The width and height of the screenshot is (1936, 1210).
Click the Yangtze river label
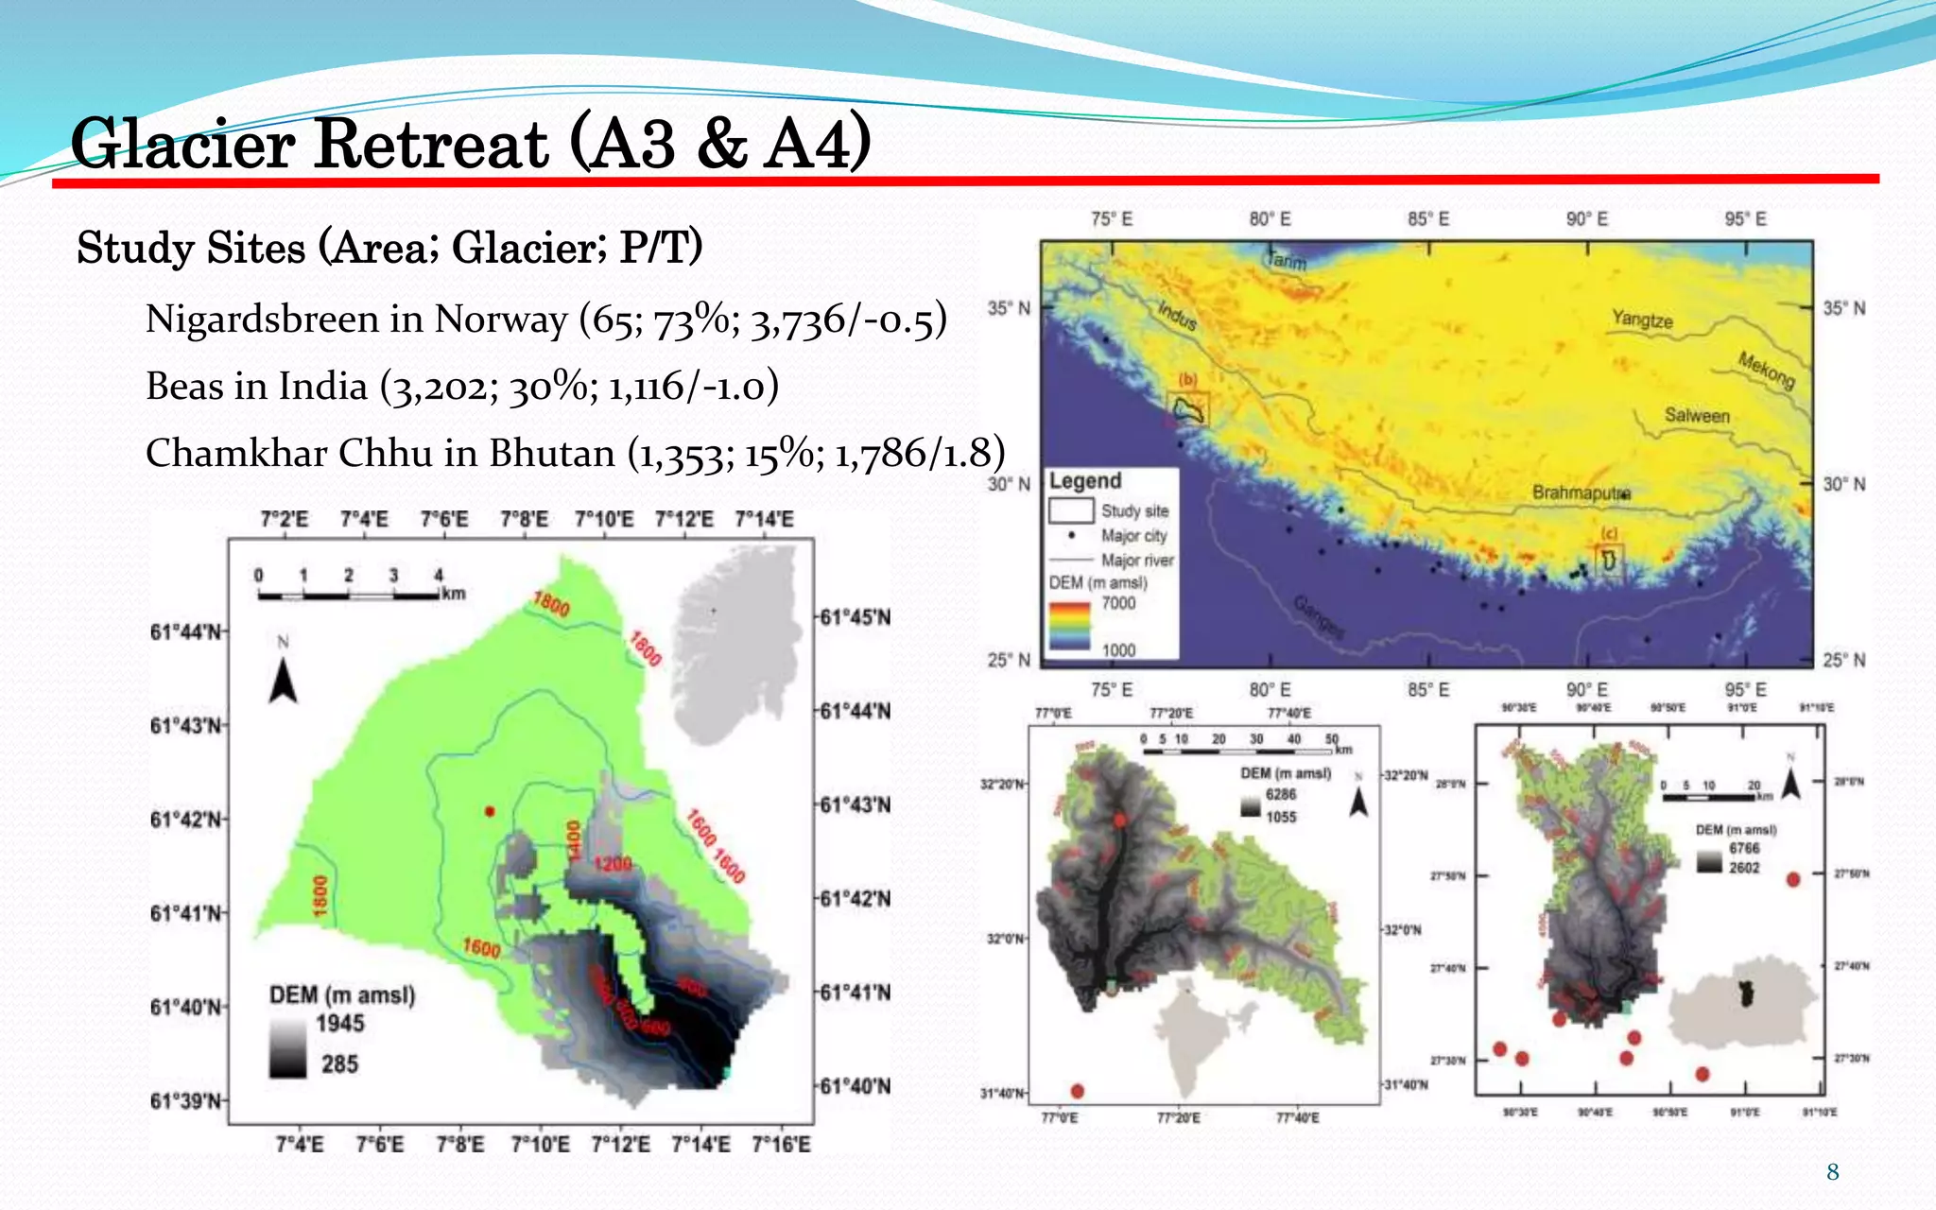point(1642,320)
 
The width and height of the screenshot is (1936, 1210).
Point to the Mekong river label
point(1766,370)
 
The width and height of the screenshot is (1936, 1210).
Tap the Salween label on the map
point(1697,416)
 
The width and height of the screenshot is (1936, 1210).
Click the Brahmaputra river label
point(1581,493)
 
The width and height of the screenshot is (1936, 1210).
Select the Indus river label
point(1178,315)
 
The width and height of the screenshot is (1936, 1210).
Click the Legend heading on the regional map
point(1084,481)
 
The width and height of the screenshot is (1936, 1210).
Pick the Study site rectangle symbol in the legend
point(1071,510)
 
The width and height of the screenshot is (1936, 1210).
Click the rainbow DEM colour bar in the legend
point(1069,625)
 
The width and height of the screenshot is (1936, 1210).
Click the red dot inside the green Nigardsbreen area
point(490,811)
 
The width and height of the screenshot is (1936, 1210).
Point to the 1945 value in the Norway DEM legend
point(339,1024)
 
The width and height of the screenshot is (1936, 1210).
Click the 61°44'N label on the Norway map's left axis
point(186,632)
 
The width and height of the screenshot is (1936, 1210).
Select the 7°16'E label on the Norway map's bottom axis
point(781,1145)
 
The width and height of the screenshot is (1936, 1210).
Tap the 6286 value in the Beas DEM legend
point(1281,795)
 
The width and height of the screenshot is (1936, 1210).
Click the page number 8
point(1832,1173)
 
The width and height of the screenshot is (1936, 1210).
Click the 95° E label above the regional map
point(1745,219)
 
